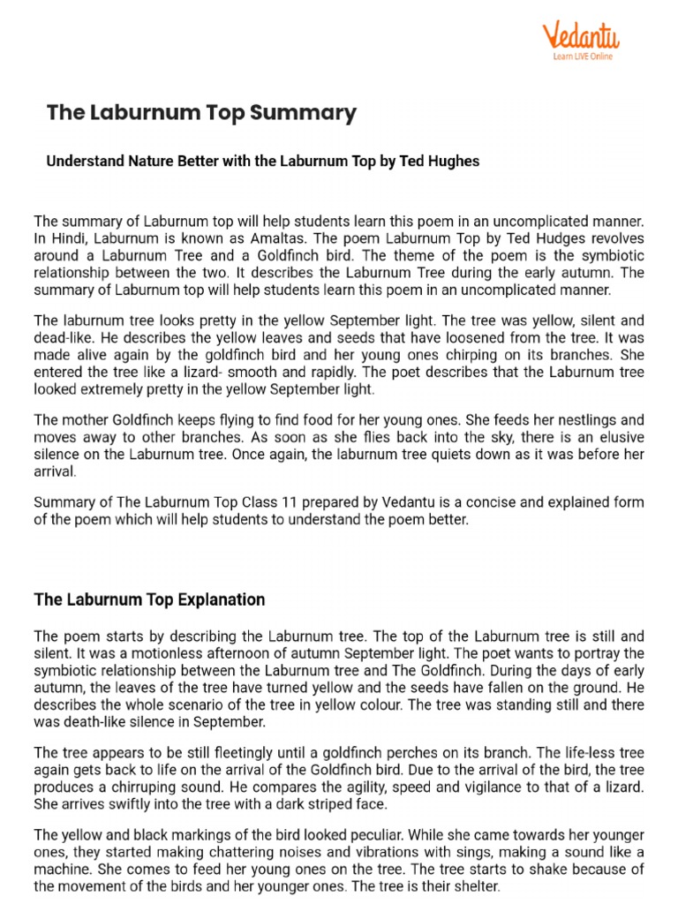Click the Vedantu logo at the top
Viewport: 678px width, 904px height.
click(580, 36)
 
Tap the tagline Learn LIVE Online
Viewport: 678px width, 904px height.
click(582, 56)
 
